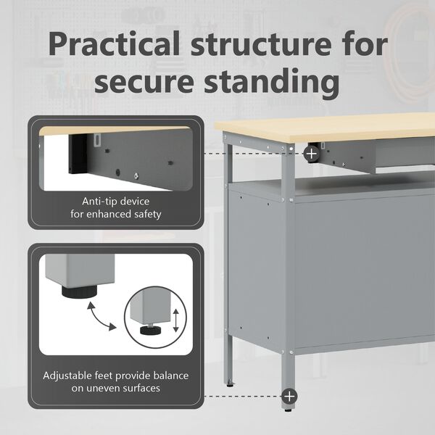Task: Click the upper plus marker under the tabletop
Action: (x=311, y=154)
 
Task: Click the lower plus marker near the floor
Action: (x=289, y=396)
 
